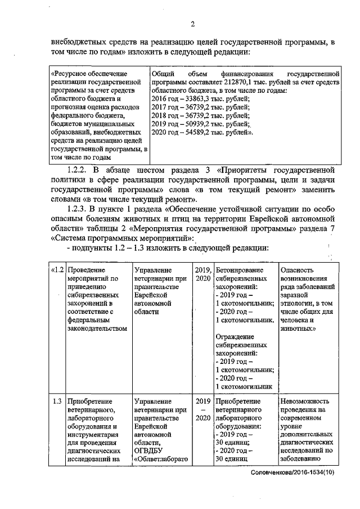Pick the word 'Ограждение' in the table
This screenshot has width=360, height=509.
[234, 337]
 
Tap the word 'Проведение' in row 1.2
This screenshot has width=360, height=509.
[85, 269]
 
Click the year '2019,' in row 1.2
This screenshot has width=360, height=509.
[202, 269]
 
